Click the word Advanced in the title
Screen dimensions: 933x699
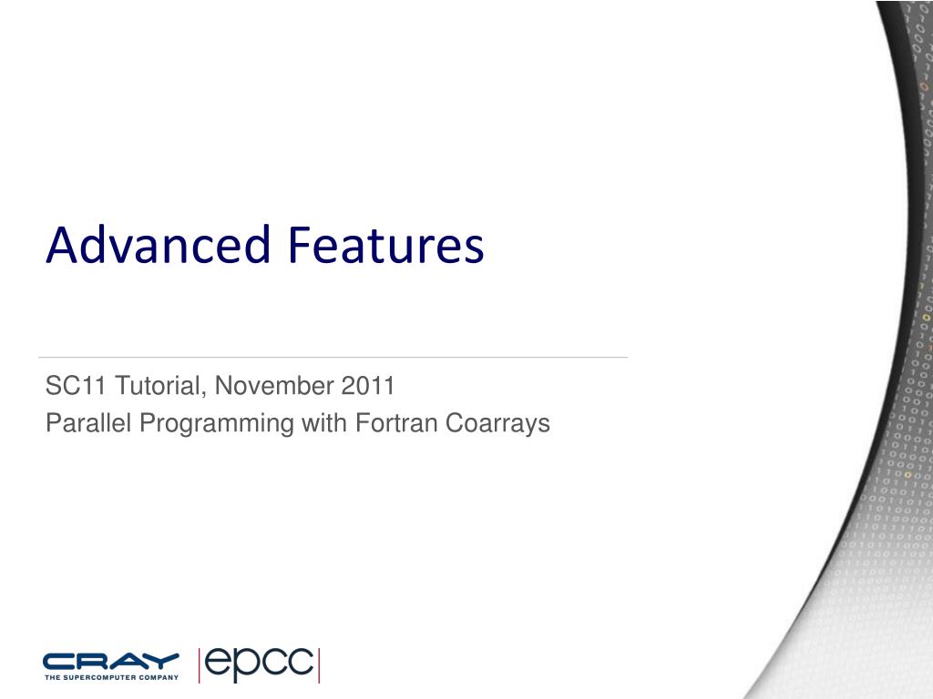pos(159,244)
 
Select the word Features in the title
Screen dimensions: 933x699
pos(386,244)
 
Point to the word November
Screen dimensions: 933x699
pos(274,385)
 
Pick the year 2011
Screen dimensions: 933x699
pos(368,385)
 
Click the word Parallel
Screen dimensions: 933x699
pos(88,422)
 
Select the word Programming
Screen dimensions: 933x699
pos(217,424)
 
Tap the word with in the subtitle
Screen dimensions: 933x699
pos(324,422)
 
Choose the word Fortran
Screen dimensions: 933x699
pos(396,422)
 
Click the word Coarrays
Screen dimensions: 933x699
pos(497,422)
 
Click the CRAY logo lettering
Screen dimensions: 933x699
pos(110,662)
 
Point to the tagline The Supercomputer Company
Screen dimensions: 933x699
pos(111,677)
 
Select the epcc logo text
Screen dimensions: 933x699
pos(259,664)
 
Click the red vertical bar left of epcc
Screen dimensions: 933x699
pos(199,665)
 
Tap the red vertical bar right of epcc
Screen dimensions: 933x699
pos(319,665)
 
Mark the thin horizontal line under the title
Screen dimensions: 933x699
pos(333,357)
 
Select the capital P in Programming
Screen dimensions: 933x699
pos(148,422)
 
